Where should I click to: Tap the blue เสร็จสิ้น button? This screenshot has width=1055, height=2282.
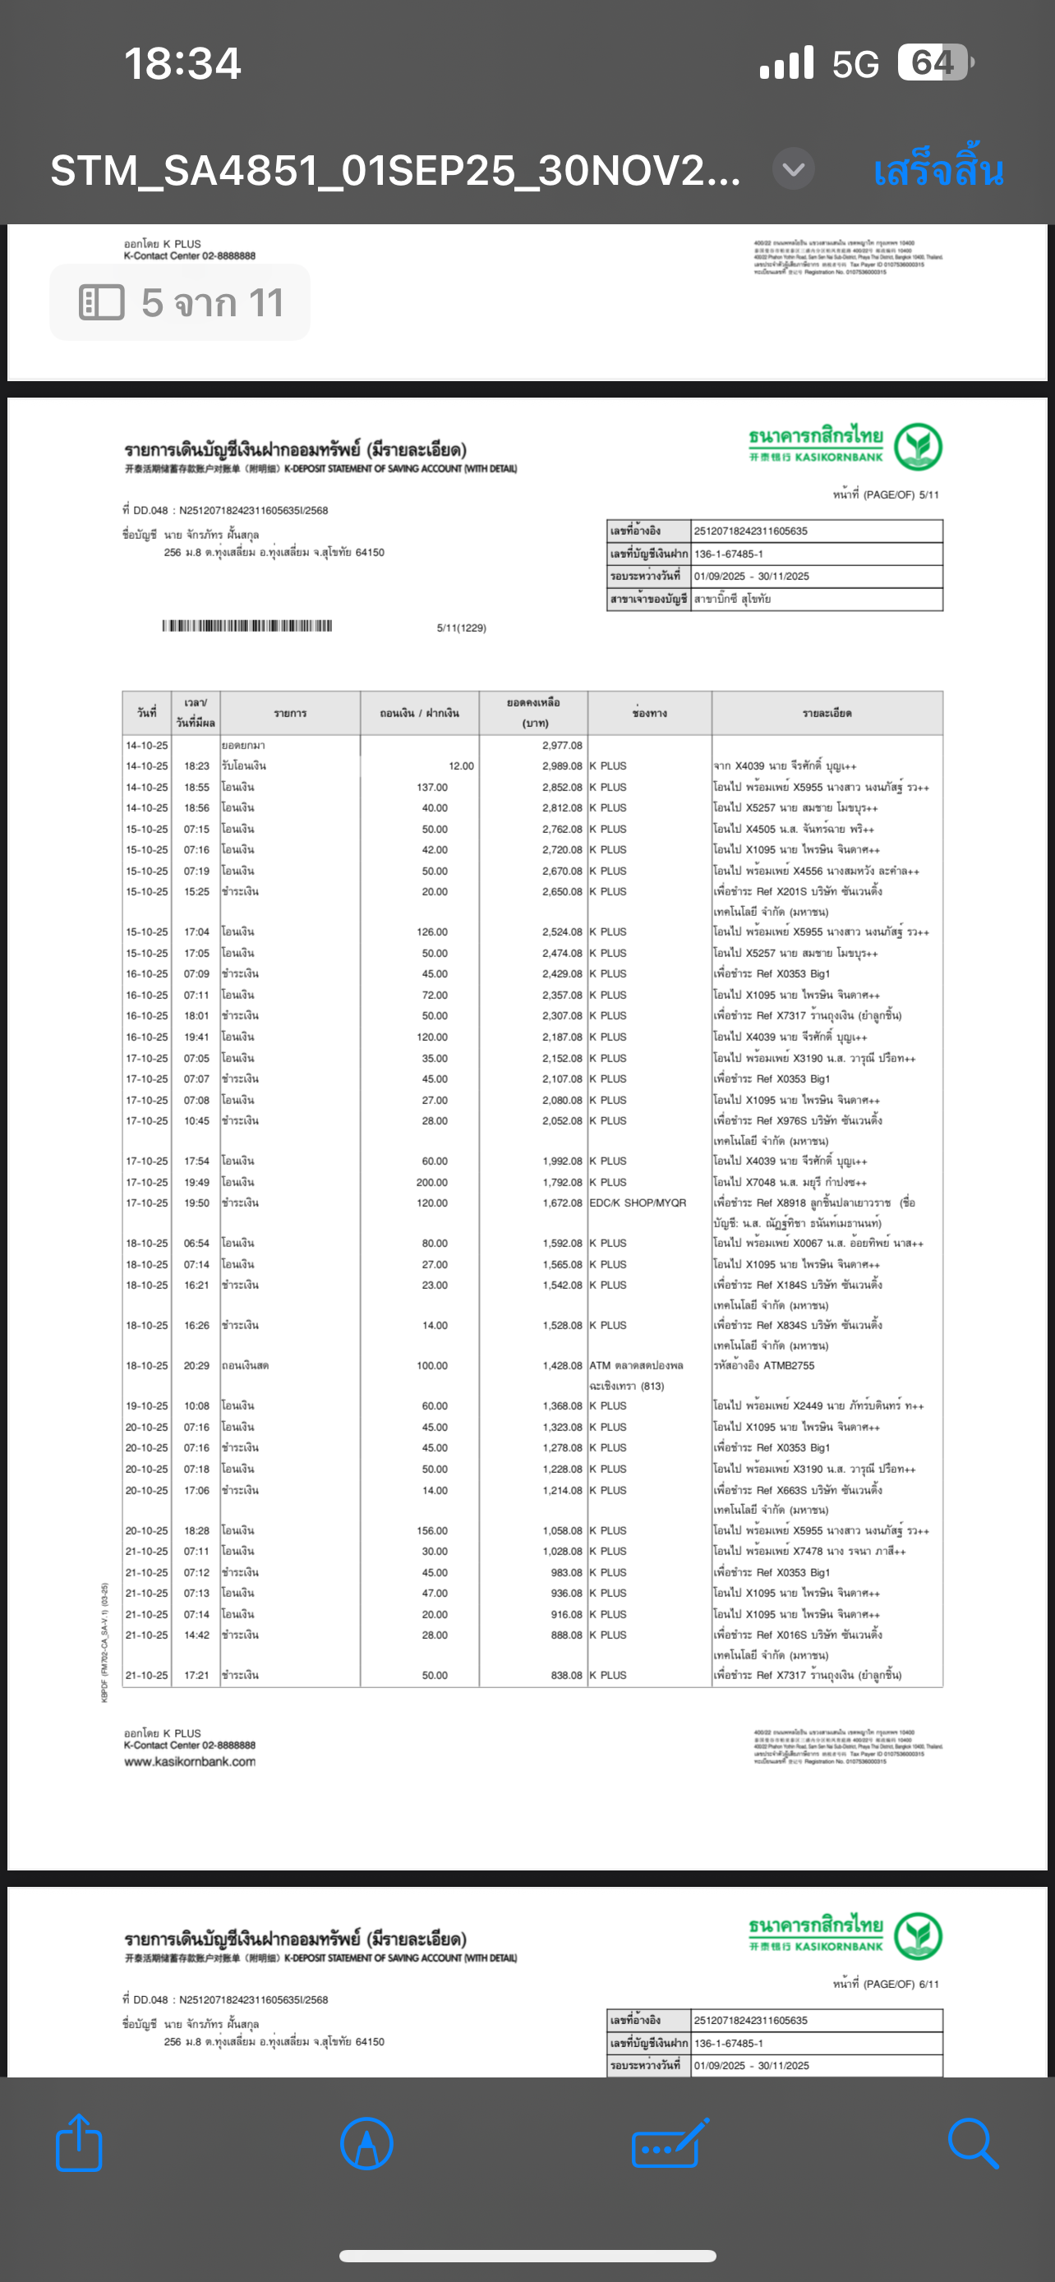(x=938, y=170)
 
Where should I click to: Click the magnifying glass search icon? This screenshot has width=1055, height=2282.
(x=972, y=2143)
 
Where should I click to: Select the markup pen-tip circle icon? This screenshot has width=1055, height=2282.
(x=366, y=2143)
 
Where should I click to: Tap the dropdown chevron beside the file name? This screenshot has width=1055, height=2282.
(x=794, y=168)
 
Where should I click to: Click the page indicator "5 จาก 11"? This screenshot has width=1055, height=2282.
(x=181, y=303)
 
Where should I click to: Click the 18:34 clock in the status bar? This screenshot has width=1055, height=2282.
(x=182, y=64)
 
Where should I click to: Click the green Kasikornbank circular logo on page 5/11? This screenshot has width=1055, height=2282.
(x=918, y=447)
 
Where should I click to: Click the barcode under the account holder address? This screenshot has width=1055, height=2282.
(x=247, y=626)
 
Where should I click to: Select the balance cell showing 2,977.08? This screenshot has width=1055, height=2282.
(x=563, y=745)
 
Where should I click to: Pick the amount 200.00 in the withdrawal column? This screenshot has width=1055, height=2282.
(x=432, y=1182)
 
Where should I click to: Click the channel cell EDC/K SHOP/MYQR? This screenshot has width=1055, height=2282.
(x=638, y=1203)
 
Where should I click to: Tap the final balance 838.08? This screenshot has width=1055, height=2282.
(x=567, y=1675)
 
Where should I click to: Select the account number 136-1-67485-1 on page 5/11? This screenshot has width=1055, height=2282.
(x=729, y=554)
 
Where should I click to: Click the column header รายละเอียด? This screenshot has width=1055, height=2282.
(x=827, y=713)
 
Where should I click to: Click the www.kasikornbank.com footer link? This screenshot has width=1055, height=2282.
(x=190, y=1762)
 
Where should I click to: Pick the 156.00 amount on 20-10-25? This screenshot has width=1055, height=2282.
(x=432, y=1531)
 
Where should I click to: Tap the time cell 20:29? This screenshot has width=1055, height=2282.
(x=196, y=1365)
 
